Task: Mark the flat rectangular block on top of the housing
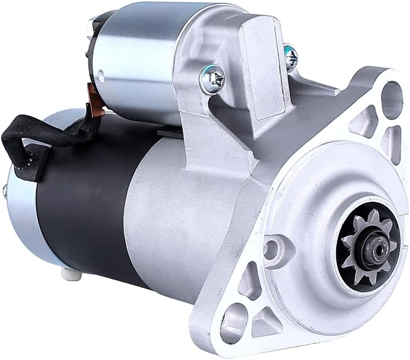pyautogui.click(x=263, y=60)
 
